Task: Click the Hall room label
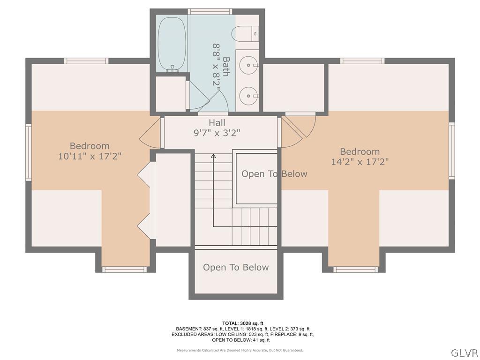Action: [217, 123]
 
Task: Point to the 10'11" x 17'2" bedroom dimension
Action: [90, 156]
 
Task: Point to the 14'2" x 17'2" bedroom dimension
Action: [360, 162]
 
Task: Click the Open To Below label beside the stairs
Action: [274, 174]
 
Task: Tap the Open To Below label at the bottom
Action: [236, 267]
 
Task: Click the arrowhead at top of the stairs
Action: [213, 156]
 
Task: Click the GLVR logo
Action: [464, 352]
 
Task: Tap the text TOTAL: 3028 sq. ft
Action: [242, 323]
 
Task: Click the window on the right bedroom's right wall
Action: [451, 150]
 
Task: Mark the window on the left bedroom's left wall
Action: [29, 152]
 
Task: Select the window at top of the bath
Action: [203, 11]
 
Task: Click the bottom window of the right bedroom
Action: [355, 270]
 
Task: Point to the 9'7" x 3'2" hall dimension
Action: [217, 133]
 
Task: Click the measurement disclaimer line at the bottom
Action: [240, 350]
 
